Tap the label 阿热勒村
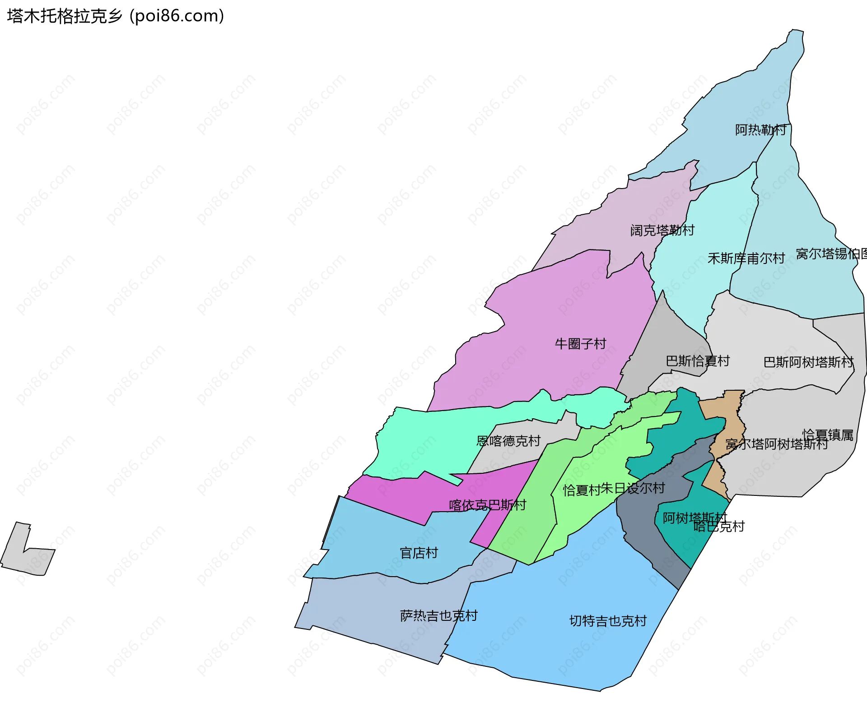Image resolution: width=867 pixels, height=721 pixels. click(760, 130)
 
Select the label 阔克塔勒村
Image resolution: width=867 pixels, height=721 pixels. click(662, 231)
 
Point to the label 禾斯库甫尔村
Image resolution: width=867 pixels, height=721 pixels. click(746, 259)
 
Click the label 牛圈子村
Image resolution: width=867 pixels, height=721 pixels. click(580, 344)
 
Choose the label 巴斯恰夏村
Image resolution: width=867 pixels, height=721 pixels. click(698, 361)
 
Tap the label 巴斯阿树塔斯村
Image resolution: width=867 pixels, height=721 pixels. click(808, 362)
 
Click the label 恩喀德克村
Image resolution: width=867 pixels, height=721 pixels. click(508, 441)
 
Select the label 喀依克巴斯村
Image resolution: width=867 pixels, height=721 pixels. click(487, 505)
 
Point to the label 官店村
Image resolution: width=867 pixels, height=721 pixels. click(419, 553)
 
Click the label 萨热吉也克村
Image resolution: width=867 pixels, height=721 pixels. click(438, 615)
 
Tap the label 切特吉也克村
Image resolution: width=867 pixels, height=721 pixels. click(608, 621)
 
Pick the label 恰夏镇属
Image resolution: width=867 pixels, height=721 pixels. click(828, 434)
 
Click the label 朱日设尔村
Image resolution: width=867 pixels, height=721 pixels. click(633, 488)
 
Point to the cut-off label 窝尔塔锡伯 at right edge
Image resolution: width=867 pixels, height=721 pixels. click(831, 254)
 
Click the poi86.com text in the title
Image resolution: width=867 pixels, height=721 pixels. click(177, 16)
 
